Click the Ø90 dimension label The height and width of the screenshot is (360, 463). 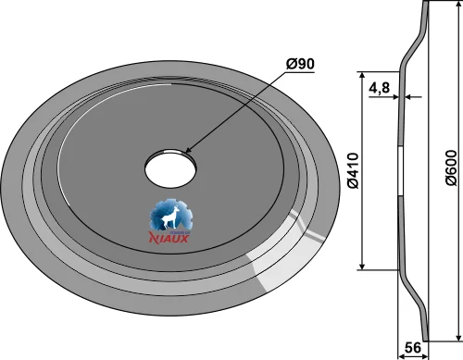pyautogui.click(x=300, y=64)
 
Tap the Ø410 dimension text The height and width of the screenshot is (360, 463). pyautogui.click(x=353, y=170)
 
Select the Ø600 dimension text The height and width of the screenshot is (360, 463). pyautogui.click(x=451, y=168)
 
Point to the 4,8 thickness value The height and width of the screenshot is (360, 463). pyautogui.click(x=380, y=88)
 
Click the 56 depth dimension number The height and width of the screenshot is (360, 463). pyautogui.click(x=412, y=348)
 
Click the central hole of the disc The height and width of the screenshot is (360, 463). pyautogui.click(x=170, y=168)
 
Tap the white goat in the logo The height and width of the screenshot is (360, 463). pyautogui.click(x=169, y=217)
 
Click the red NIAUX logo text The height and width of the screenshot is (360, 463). pyautogui.click(x=169, y=238)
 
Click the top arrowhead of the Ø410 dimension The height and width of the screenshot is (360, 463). pyautogui.click(x=362, y=75)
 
